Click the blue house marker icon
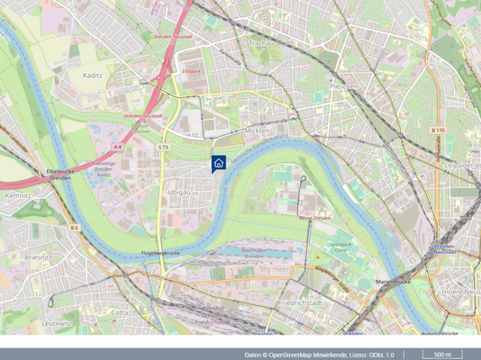click(x=218, y=163)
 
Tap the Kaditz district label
click(x=92, y=76)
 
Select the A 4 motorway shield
click(x=117, y=146)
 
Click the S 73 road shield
click(x=163, y=147)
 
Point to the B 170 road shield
click(x=438, y=130)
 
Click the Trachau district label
click(x=260, y=42)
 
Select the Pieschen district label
click(x=343, y=85)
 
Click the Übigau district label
click(x=178, y=192)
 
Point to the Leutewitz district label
click(x=56, y=322)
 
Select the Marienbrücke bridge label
click(x=392, y=282)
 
